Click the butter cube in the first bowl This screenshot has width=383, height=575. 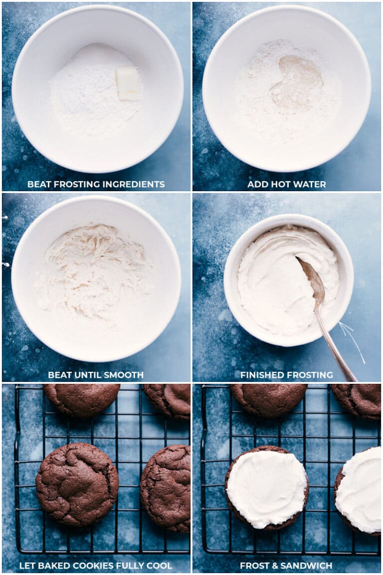[128, 83]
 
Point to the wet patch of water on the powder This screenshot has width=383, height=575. [297, 83]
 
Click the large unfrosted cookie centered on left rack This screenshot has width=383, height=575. [77, 484]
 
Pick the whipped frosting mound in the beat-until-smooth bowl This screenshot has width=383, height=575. [95, 272]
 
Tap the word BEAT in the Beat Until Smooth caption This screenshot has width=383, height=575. [59, 375]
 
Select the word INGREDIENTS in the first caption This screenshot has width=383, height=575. [134, 184]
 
